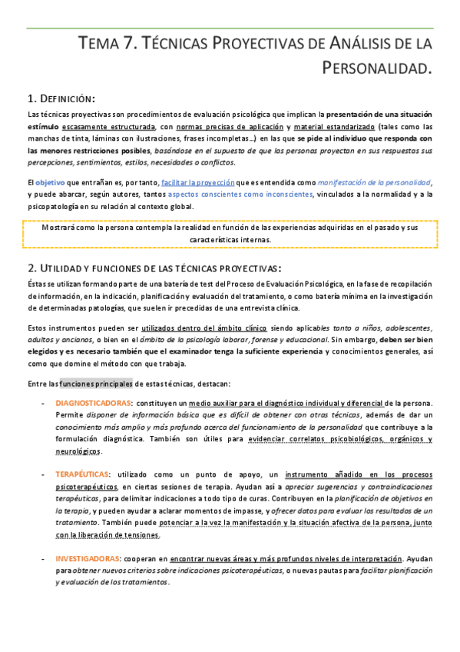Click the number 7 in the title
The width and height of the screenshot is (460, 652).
[130, 44]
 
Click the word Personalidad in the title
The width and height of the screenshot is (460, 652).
[379, 69]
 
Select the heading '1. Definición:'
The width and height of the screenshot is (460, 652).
[61, 98]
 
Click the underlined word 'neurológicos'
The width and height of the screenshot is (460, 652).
[78, 451]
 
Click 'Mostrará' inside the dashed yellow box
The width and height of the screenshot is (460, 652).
[61, 228]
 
